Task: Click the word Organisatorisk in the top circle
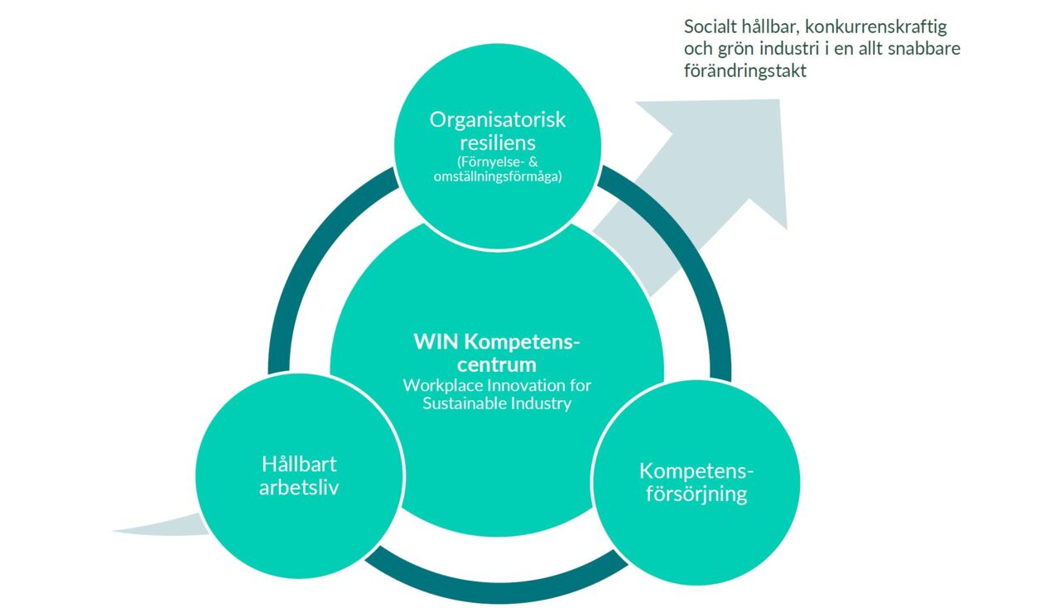click(497, 119)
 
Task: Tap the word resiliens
click(497, 142)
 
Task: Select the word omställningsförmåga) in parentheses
click(497, 176)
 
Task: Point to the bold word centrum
click(497, 364)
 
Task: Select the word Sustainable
click(461, 404)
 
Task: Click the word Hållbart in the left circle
click(299, 464)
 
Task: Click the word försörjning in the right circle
click(696, 495)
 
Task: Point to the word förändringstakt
click(745, 71)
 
